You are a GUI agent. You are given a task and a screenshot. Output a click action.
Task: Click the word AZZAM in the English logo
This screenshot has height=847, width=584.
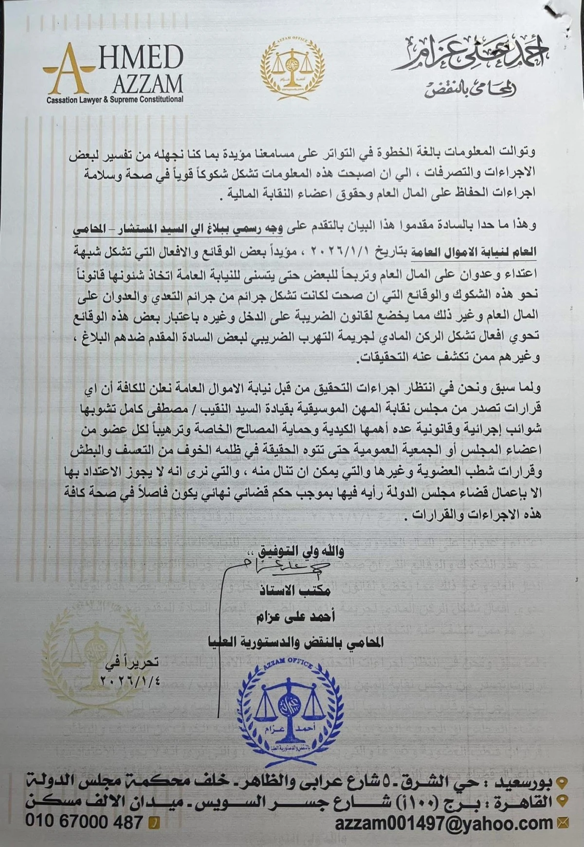click(148, 84)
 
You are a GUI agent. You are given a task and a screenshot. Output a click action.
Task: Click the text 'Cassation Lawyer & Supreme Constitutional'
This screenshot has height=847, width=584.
click(115, 100)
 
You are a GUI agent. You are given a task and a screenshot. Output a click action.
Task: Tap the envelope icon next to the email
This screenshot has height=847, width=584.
click(563, 823)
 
